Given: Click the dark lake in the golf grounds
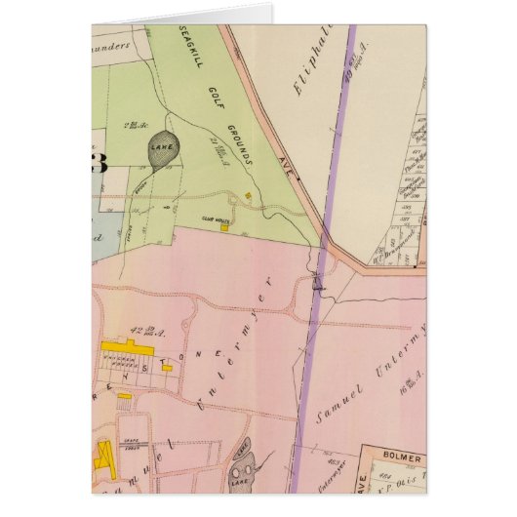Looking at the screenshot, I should pos(161,151).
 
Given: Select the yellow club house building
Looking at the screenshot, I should pos(225,230).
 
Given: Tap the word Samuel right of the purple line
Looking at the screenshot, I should pos(340,399).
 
